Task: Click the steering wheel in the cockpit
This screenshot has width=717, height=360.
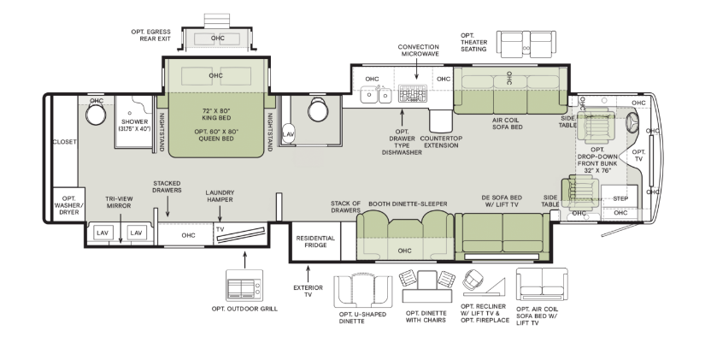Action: pos(632,122)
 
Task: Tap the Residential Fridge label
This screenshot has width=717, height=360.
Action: pos(315,241)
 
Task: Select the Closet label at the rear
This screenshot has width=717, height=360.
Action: pos(64,142)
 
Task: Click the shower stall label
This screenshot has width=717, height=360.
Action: pos(134,126)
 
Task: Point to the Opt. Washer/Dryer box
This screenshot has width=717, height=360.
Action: pos(69,205)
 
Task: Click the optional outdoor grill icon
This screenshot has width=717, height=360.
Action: pos(244,285)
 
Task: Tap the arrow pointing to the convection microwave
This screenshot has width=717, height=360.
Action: pos(416,69)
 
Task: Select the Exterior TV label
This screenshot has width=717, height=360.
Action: pos(308,291)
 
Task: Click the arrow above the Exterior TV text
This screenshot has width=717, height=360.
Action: pos(308,274)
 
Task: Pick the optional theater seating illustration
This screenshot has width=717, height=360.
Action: pos(526,44)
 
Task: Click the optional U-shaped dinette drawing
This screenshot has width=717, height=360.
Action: pos(362,292)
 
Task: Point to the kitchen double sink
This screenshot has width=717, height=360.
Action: pos(376,95)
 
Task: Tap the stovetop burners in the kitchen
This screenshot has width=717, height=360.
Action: pos(412,93)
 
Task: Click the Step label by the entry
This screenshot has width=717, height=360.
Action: pos(620,198)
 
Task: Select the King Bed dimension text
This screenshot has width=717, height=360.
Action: pos(216,115)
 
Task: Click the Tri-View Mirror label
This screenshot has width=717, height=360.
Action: pos(119,202)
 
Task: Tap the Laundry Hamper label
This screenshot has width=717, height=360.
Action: pos(220,196)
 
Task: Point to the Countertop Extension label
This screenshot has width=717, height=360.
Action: pos(441,142)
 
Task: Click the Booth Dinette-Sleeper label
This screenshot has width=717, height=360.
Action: pos(408,204)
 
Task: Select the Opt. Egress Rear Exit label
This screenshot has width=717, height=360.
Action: pos(151,35)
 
